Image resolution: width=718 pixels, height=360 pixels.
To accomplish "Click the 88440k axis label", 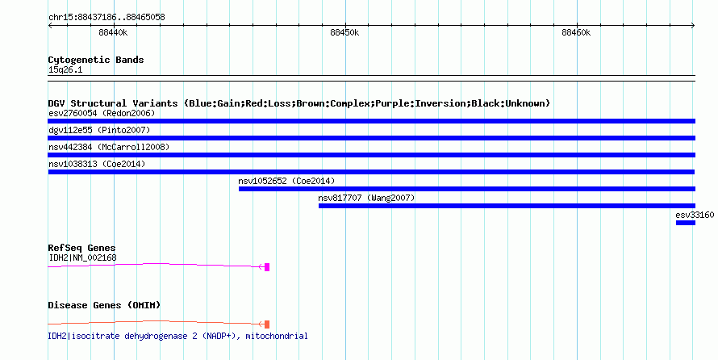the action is (x=113, y=32).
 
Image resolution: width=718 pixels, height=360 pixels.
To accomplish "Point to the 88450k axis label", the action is (x=344, y=32).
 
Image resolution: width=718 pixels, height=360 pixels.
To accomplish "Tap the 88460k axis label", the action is (x=576, y=32).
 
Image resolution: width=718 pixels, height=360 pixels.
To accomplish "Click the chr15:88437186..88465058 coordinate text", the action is (x=106, y=18).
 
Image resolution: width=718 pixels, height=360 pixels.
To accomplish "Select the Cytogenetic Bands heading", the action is (x=96, y=60).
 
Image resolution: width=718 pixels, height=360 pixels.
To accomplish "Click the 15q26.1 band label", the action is (x=65, y=70).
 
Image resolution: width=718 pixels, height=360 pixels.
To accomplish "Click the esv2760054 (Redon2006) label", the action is (x=102, y=113).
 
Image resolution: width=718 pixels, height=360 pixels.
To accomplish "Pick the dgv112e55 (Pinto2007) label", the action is (x=99, y=130).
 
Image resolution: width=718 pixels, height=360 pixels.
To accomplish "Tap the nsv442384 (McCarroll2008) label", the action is (x=109, y=147).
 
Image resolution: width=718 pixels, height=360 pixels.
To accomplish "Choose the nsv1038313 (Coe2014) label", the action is (x=97, y=164).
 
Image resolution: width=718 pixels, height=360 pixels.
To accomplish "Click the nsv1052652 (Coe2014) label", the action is (x=286, y=181).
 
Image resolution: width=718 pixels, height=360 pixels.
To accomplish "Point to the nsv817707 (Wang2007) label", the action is (x=366, y=198).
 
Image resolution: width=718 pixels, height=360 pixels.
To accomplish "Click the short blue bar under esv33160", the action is (x=686, y=223).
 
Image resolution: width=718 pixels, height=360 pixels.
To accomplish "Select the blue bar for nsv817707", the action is (x=507, y=206).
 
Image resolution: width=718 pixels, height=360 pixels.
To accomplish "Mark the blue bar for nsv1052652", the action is (x=467, y=189).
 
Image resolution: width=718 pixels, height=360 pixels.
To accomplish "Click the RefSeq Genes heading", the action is (x=81, y=248).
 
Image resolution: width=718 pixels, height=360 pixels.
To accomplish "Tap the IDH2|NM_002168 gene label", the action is (x=82, y=257).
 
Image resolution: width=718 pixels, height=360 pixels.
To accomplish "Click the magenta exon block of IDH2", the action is (x=267, y=267).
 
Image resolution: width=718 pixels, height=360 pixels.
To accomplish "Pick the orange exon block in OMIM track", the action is (x=267, y=324).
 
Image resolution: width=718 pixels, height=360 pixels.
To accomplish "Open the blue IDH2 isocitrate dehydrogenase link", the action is (x=177, y=336).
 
